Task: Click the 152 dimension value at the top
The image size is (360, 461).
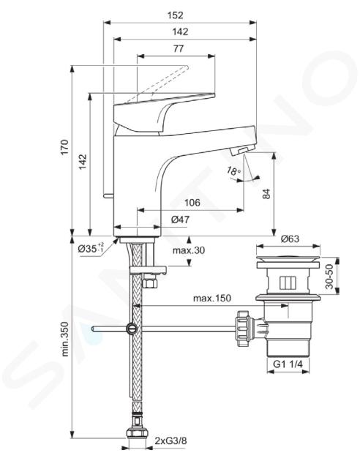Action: pyautogui.click(x=175, y=15)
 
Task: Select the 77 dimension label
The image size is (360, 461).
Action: pyautogui.click(x=179, y=48)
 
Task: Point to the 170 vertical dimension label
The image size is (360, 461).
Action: pyautogui.click(x=64, y=147)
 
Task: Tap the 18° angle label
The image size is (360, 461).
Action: pyautogui.click(x=234, y=171)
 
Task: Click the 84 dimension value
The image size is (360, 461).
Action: pyautogui.click(x=266, y=194)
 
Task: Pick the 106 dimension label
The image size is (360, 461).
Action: pyautogui.click(x=192, y=203)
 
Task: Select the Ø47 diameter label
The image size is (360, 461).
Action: pyautogui.click(x=181, y=220)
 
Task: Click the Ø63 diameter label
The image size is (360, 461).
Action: pyautogui.click(x=290, y=239)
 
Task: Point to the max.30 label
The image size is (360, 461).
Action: pyautogui.click(x=189, y=250)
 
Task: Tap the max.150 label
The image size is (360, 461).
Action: pyautogui.click(x=212, y=298)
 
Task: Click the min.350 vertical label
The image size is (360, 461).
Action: pyautogui.click(x=65, y=339)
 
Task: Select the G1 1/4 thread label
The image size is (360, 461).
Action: pyautogui.click(x=288, y=364)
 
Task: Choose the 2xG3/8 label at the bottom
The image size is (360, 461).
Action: pyautogui.click(x=170, y=441)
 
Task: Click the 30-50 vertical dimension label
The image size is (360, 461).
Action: pyautogui.click(x=329, y=277)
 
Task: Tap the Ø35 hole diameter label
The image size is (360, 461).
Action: pyautogui.click(x=91, y=249)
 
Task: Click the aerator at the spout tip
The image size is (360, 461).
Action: pyautogui.click(x=241, y=151)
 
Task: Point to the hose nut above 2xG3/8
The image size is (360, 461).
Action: pyautogui.click(x=138, y=433)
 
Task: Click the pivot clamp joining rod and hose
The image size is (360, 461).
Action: pyautogui.click(x=131, y=329)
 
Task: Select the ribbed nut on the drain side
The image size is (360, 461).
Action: pyautogui.click(x=244, y=328)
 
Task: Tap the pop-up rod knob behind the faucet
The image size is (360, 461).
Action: pyautogui.click(x=108, y=195)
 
